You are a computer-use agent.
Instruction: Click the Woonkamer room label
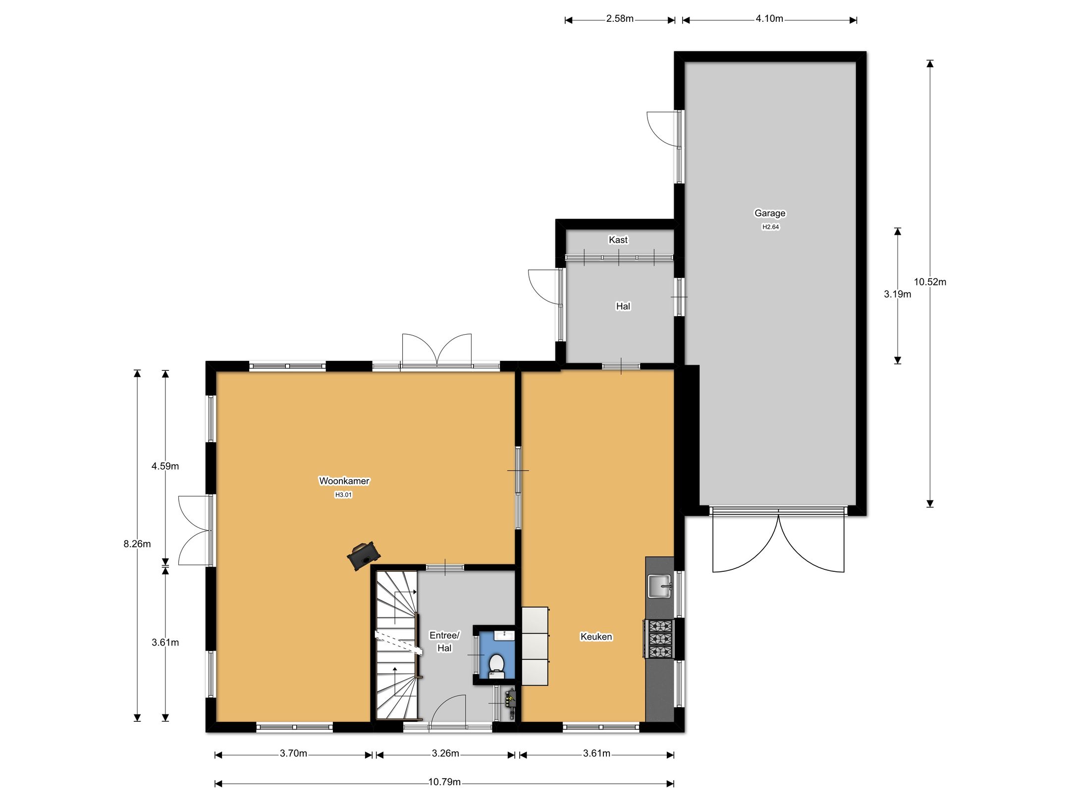tap(344, 481)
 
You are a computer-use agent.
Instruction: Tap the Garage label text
tap(770, 213)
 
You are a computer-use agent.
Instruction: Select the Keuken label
tap(596, 637)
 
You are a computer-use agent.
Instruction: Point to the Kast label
tap(618, 240)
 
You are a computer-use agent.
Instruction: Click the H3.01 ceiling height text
tap(343, 495)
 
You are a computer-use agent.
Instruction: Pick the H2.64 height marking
tap(770, 227)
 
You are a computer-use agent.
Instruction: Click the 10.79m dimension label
tap(444, 782)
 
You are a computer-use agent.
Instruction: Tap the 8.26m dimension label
tap(137, 544)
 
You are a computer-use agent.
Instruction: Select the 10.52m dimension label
tap(930, 282)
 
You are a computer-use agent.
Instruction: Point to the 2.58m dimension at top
tap(620, 19)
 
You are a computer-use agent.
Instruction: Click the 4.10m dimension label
tap(769, 19)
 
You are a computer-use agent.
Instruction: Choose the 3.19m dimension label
tap(898, 294)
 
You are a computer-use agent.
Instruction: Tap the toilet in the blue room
tap(496, 665)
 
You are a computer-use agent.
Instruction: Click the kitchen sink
tap(659, 586)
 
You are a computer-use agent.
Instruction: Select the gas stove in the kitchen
tap(660, 639)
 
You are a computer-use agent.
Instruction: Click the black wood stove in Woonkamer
tap(364, 555)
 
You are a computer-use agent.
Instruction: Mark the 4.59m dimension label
tap(165, 466)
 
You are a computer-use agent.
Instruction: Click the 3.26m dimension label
tap(445, 753)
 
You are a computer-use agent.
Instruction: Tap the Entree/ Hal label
tap(444, 642)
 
